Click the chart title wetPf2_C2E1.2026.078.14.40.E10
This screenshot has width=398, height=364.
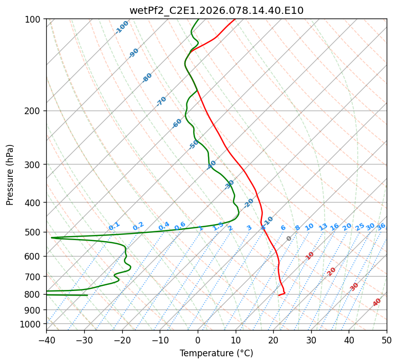click(x=216, y=10)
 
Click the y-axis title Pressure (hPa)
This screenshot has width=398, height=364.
click(x=10, y=175)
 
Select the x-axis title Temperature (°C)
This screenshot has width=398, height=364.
click(x=216, y=353)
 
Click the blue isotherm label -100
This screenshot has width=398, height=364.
click(x=122, y=27)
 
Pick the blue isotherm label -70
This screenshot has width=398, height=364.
click(x=161, y=101)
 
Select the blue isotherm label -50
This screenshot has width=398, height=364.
click(x=194, y=144)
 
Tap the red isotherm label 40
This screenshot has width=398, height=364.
click(x=377, y=302)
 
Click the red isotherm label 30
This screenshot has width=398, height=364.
click(x=354, y=286)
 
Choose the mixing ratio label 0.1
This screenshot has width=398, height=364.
click(x=114, y=226)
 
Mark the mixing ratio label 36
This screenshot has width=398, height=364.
click(x=381, y=226)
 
